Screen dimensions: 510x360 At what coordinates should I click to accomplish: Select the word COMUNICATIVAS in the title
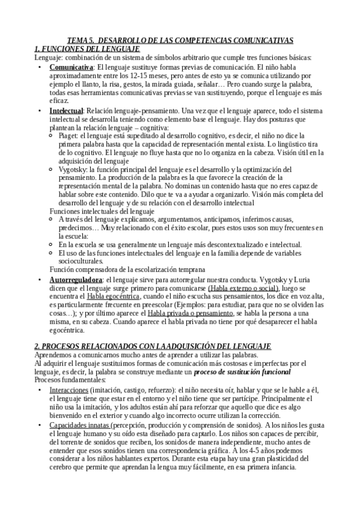click(x=257, y=40)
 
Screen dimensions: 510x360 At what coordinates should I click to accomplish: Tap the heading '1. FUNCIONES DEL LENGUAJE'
click(x=87, y=48)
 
